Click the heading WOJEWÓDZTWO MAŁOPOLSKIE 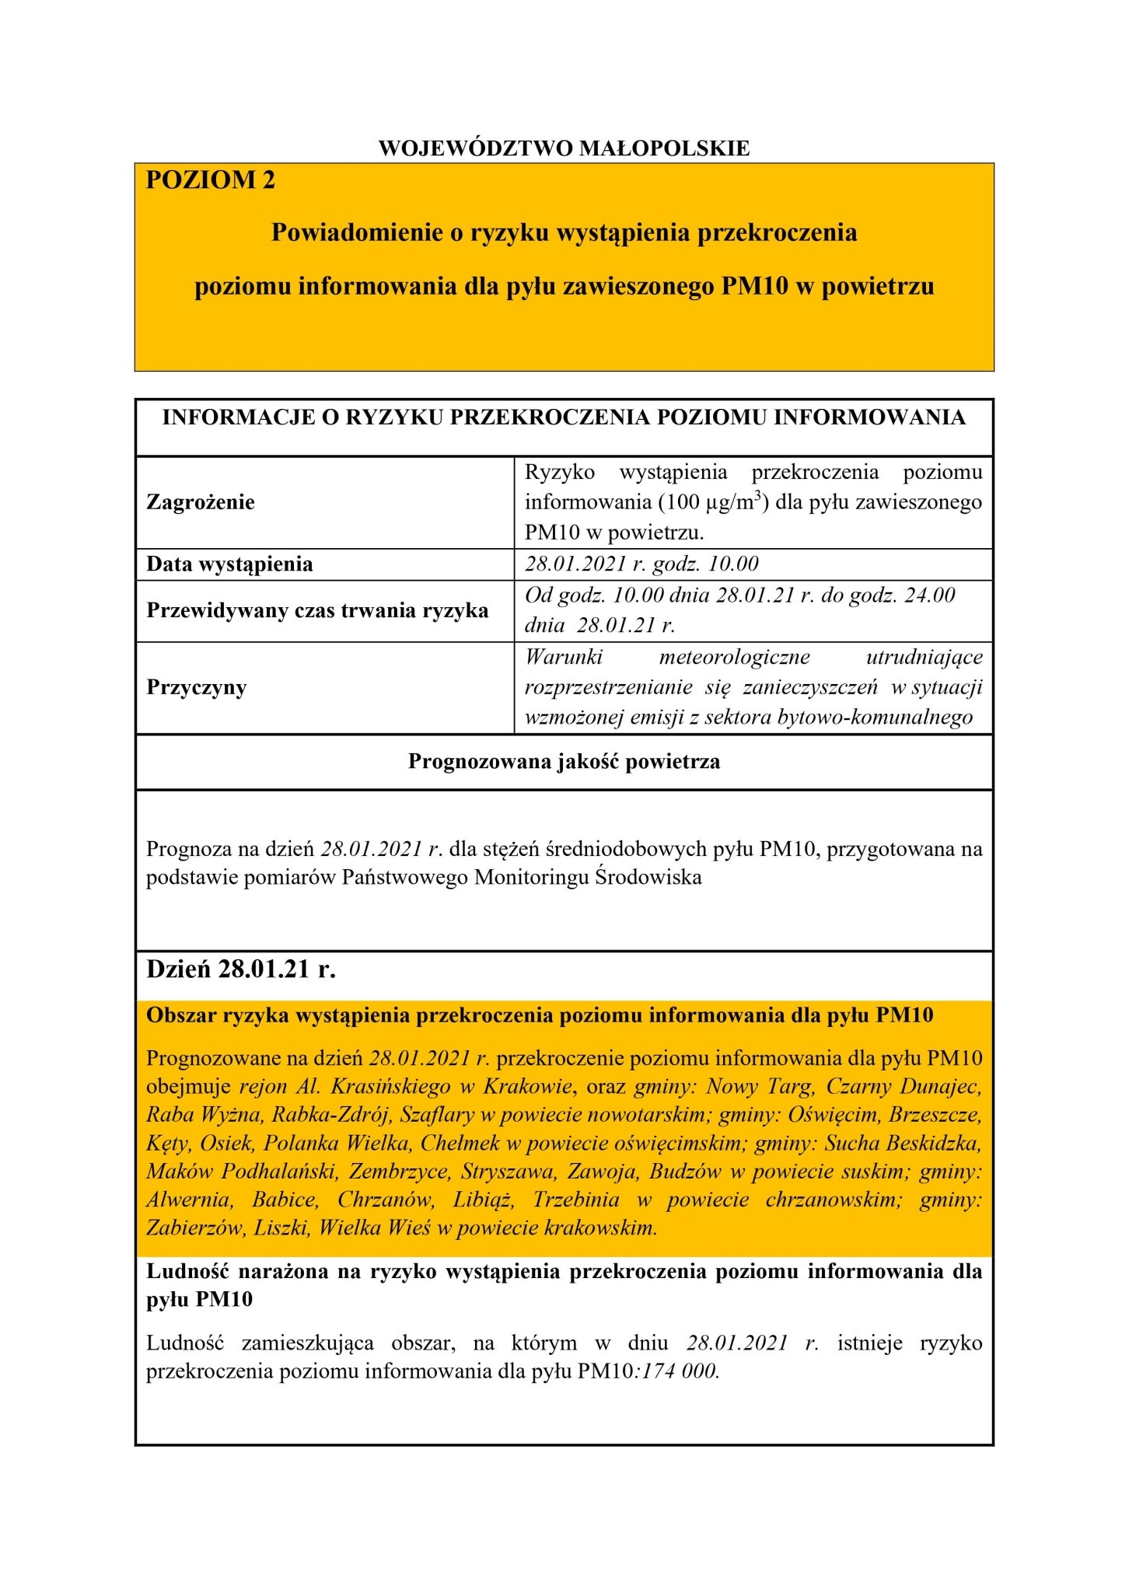564,148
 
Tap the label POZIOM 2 210,180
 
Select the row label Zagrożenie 201,502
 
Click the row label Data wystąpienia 229,564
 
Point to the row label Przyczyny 196,687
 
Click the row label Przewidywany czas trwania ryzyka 317,610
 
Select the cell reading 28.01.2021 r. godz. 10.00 641,564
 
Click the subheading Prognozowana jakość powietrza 564,762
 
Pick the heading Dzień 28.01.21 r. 241,971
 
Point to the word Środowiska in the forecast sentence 648,878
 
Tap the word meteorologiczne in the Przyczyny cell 734,658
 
